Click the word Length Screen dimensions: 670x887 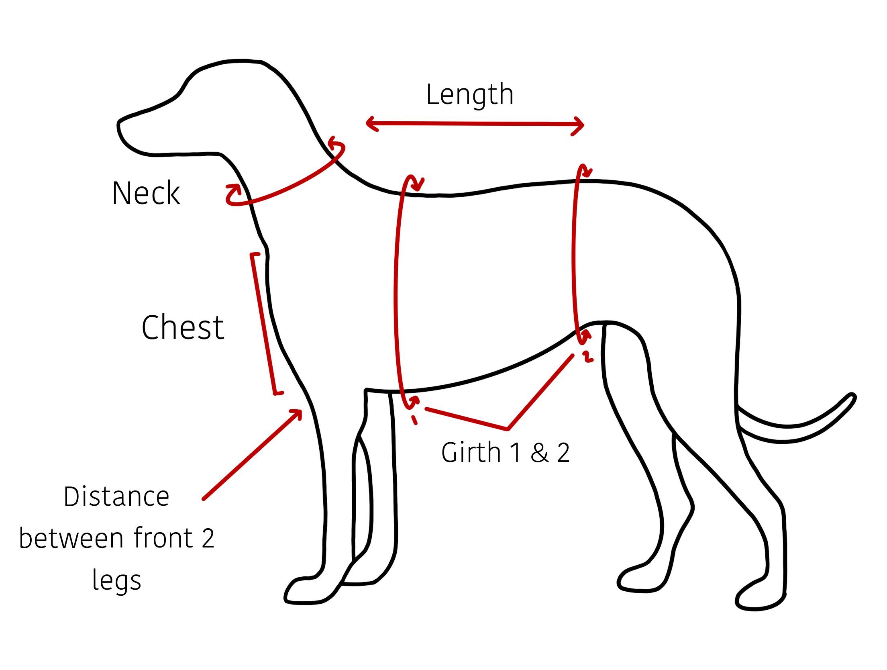coord(469,95)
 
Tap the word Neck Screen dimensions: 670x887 coord(146,193)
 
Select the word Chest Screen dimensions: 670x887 coord(183,327)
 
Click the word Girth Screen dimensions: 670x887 coord(471,453)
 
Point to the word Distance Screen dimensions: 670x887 coord(116,497)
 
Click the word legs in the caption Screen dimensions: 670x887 coord(116,580)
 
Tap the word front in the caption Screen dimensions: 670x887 coord(163,538)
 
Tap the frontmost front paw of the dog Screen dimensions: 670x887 coord(301,592)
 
